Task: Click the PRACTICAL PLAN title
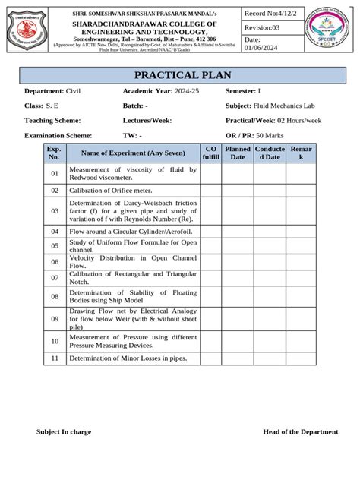pyautogui.click(x=182, y=76)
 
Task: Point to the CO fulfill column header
pyautogui.click(x=210, y=153)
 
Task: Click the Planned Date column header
pyautogui.click(x=238, y=153)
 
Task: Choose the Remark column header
pyautogui.click(x=301, y=153)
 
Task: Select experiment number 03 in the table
pyautogui.click(x=55, y=210)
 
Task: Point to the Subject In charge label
pyautogui.click(x=64, y=431)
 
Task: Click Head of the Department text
pyautogui.click(x=300, y=431)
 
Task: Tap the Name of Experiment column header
pyautogui.click(x=131, y=153)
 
